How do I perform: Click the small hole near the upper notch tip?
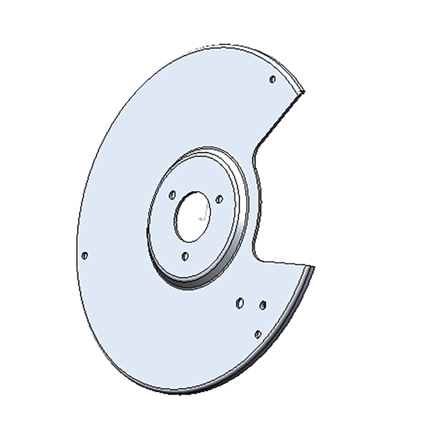[x=272, y=79]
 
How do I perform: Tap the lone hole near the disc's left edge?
[x=85, y=255]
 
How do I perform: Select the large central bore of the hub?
[x=192, y=217]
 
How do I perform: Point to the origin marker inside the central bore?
[x=201, y=217]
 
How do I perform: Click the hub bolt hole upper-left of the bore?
[x=172, y=194]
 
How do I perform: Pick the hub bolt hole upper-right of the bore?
[x=219, y=199]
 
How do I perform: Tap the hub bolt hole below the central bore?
[x=185, y=256]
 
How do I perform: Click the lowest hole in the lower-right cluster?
[x=258, y=334]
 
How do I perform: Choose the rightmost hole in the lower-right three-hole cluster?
[x=262, y=305]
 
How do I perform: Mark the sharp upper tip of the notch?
[x=304, y=91]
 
